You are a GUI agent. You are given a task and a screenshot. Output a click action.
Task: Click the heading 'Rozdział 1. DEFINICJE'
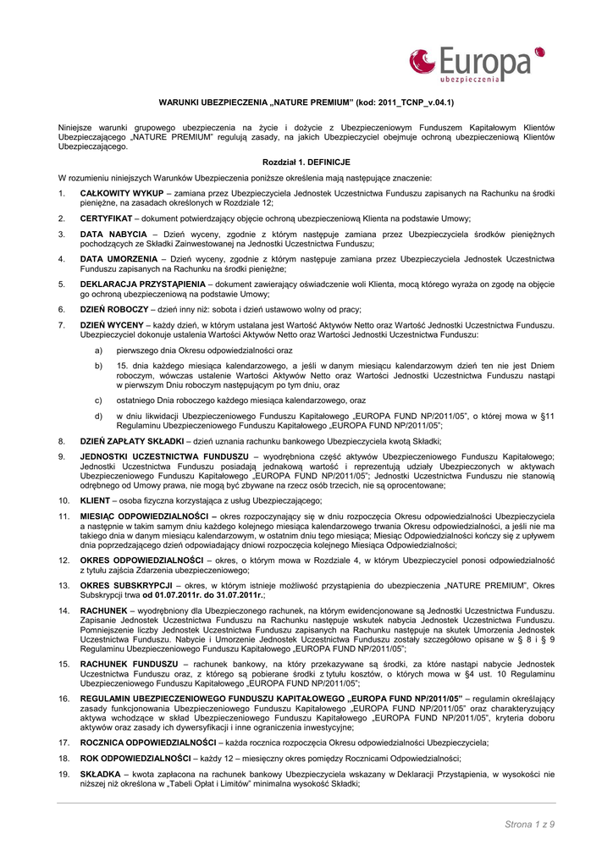click(306, 161)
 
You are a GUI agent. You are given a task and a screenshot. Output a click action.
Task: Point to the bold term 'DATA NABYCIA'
click(113, 234)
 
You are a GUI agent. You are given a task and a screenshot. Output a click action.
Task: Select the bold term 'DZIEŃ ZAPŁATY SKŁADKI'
click(132, 441)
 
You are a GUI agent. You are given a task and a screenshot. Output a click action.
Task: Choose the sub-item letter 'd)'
click(99, 416)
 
